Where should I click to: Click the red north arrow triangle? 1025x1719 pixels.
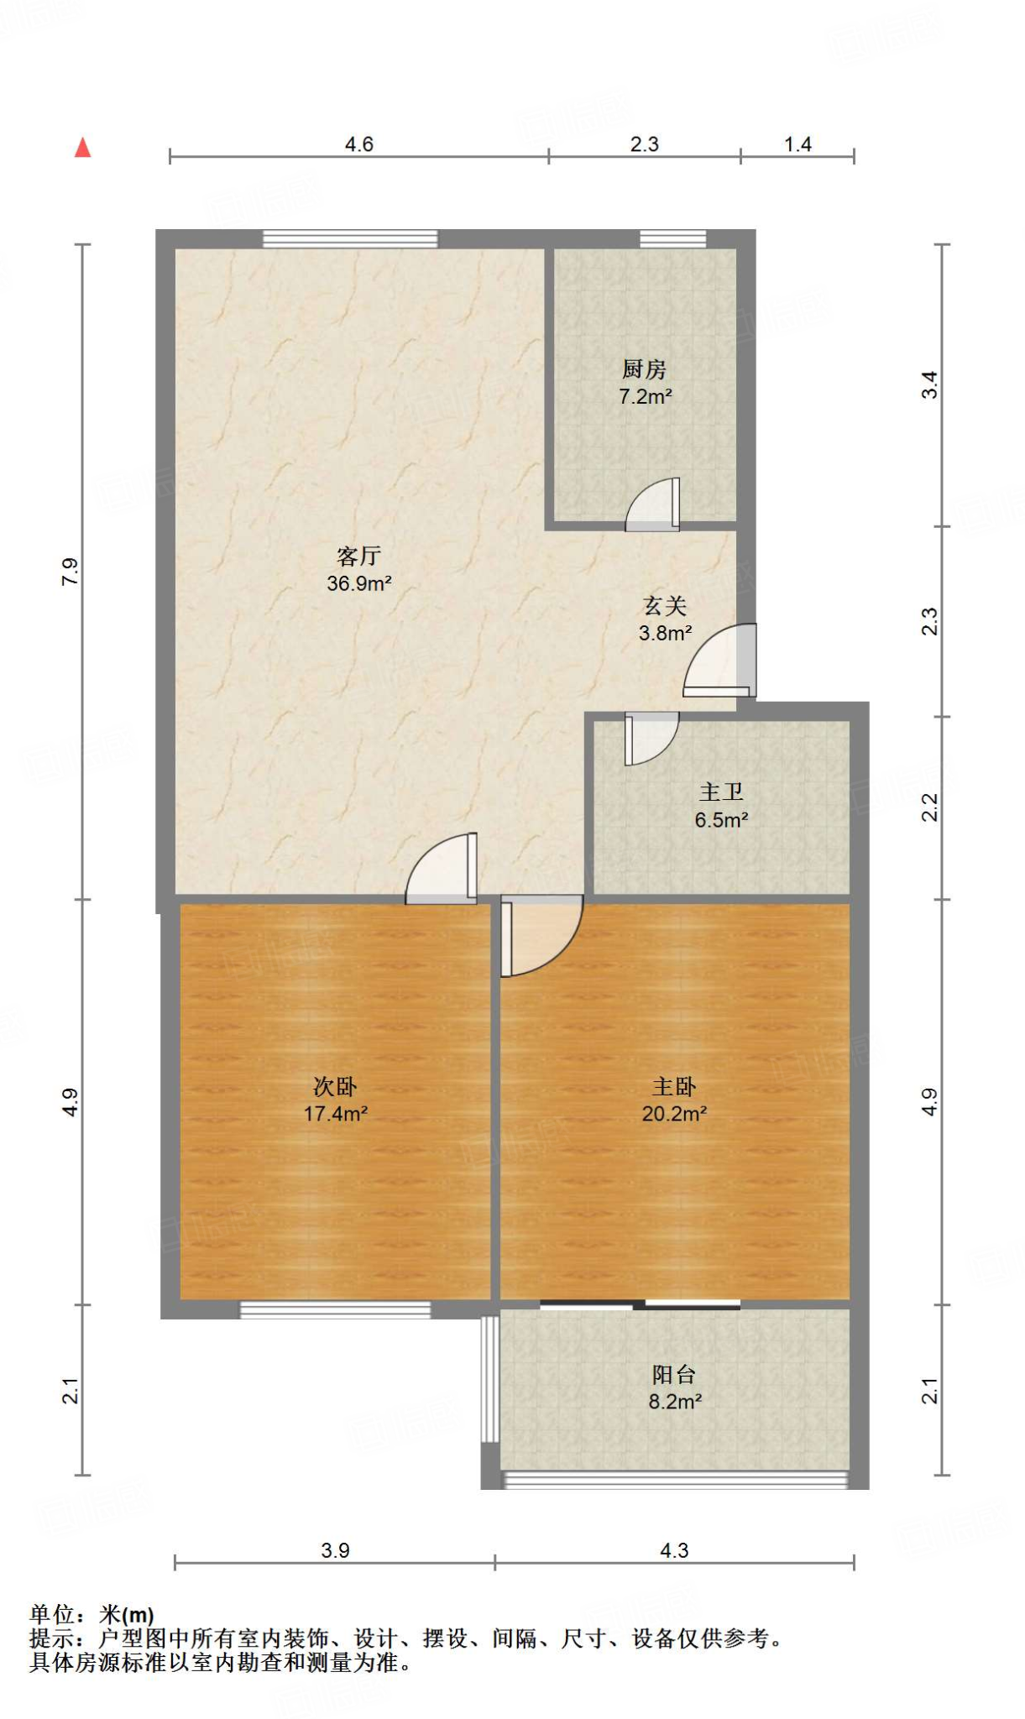82,149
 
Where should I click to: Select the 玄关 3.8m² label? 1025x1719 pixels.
665,619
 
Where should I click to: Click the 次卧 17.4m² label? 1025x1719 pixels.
335,1100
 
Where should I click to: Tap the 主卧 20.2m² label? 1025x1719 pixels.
674,1100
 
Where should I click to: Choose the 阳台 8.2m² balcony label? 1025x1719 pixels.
674,1387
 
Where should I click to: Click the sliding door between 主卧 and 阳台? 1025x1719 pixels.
641,1304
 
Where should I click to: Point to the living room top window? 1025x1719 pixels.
350,239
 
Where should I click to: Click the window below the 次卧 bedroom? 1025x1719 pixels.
335,1310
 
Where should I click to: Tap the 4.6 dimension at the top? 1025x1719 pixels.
358,144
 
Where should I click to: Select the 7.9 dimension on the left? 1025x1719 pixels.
71,572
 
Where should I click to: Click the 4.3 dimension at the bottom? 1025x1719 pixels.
674,1550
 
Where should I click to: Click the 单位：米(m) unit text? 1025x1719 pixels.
92,1614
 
